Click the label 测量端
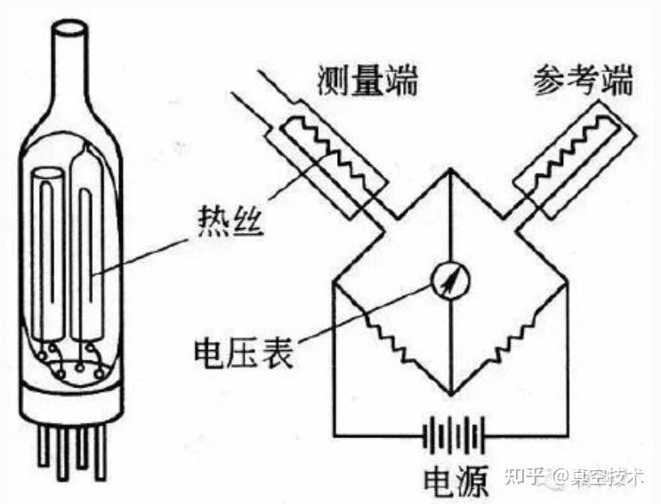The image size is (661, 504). tap(366, 80)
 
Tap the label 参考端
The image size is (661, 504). tap(583, 80)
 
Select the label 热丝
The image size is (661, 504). tap(227, 216)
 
